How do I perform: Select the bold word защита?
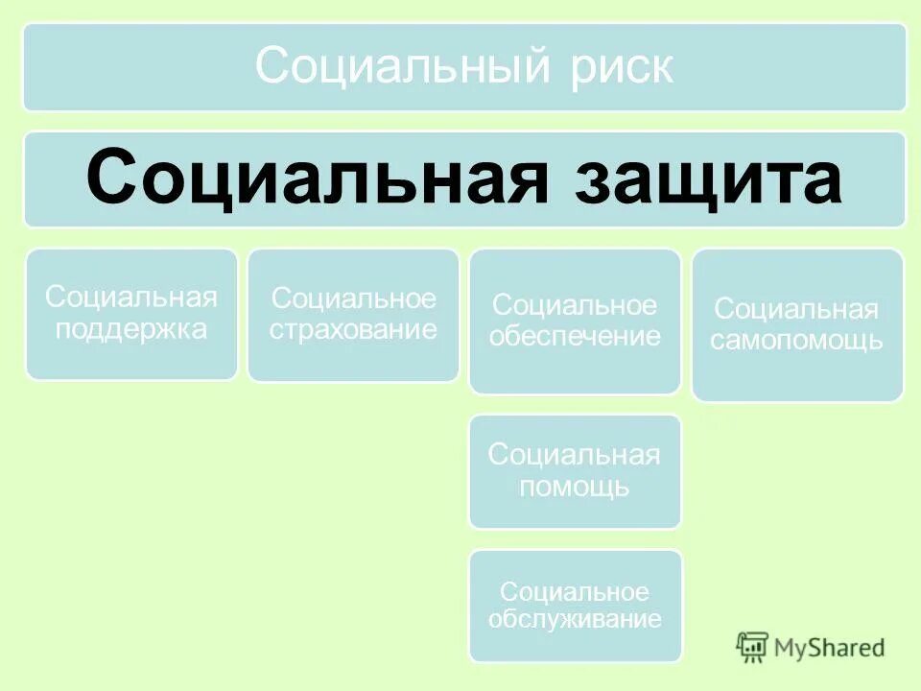(709, 178)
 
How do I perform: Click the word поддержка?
(131, 329)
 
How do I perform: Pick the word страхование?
(353, 330)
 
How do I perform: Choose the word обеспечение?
(575, 337)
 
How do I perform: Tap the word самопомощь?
(797, 340)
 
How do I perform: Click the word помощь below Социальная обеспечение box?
(575, 486)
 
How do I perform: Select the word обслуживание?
(575, 619)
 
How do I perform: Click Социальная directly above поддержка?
(131, 298)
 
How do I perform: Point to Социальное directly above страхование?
(353, 298)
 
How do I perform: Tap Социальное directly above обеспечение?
(575, 306)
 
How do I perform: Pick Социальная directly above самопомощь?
(797, 309)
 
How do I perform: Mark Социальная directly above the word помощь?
(575, 455)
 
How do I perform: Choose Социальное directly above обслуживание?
(575, 591)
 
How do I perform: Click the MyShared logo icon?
(753, 647)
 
